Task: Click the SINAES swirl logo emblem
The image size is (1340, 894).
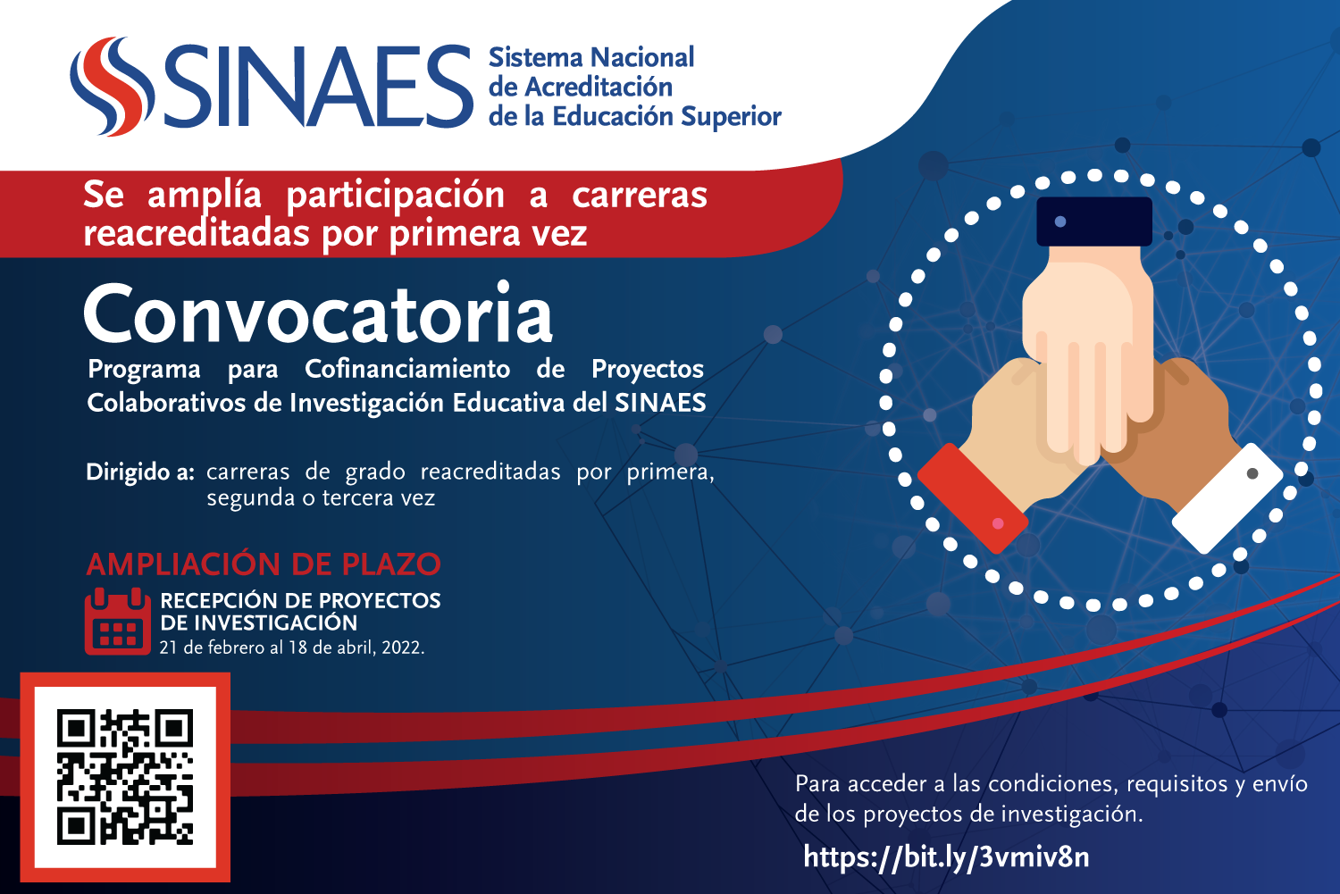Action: coord(112,87)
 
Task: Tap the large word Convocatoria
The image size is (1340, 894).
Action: coord(318,314)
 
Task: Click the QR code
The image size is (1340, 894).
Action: coord(125,777)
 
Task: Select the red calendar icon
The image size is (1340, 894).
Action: coord(117,622)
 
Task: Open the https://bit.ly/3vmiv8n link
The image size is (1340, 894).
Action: coord(946,856)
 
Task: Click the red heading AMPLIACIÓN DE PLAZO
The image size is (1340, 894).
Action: coord(264,564)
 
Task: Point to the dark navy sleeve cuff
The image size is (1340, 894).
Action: coord(1094,221)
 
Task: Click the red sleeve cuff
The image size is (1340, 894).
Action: coord(973,498)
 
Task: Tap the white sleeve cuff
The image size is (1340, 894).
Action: coord(1227,498)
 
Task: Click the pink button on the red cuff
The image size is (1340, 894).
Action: coord(998,524)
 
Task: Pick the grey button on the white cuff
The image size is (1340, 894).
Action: coord(1252,473)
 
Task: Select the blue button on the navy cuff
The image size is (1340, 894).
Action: coord(1060,221)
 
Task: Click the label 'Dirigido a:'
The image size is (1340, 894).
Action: coord(140,472)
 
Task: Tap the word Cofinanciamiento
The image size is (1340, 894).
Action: coord(406,369)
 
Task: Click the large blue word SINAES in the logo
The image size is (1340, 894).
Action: coord(318,87)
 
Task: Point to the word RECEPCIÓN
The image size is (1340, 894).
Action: coord(218,600)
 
